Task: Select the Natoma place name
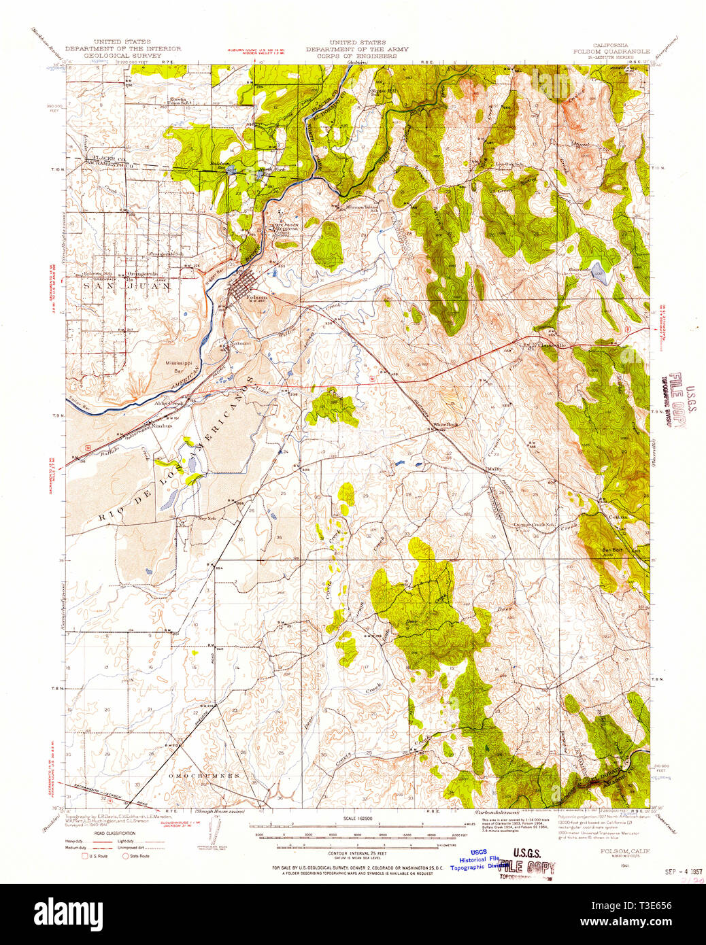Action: coord(239,343)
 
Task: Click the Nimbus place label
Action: coord(162,426)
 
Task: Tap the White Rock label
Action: coord(446,425)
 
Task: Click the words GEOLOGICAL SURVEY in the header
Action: coord(114,56)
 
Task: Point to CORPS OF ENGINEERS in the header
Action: coord(351,56)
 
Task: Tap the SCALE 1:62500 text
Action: coord(351,819)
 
